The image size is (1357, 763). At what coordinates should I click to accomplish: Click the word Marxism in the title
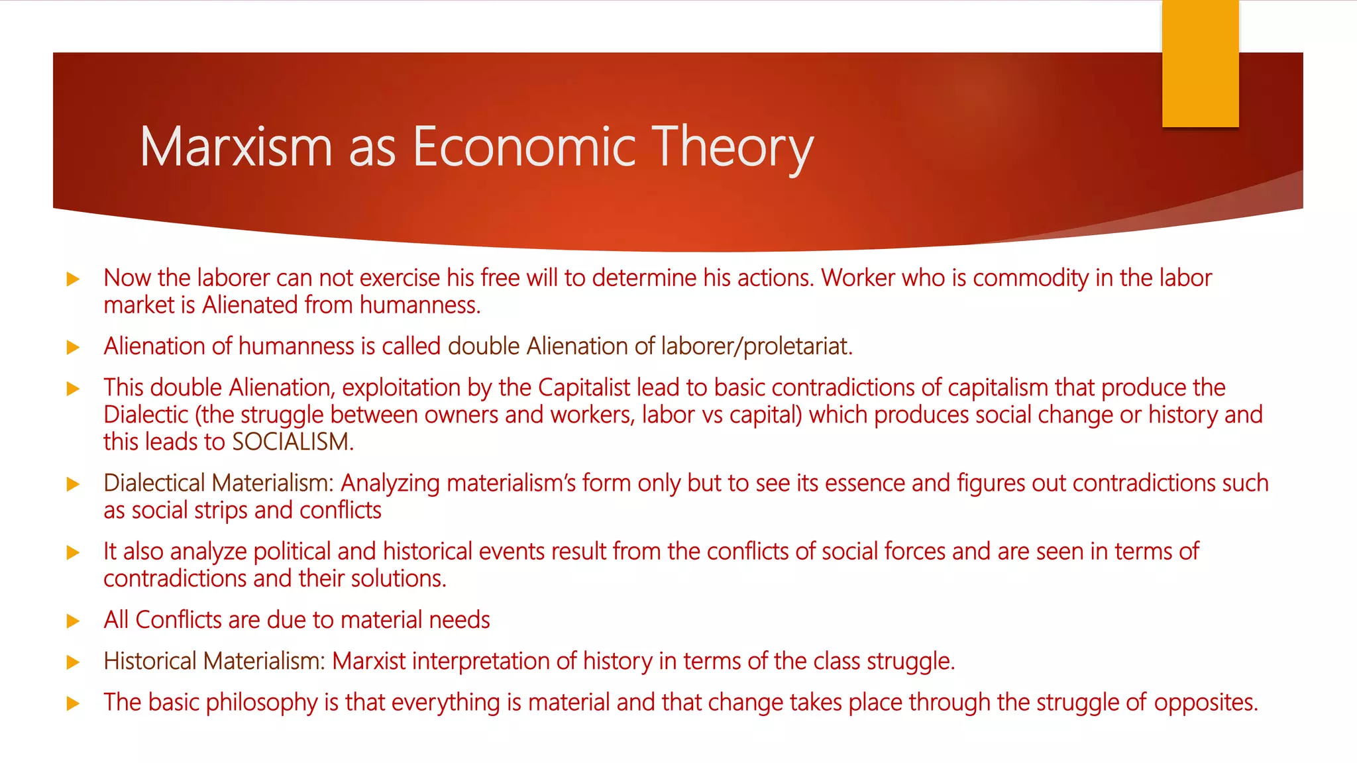236,147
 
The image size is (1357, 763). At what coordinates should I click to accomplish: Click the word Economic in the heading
524,147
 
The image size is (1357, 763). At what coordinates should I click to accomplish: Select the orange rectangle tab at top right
1200,64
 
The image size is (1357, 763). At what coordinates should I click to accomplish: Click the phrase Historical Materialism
214,661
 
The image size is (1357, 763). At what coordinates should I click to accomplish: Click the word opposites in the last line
1205,702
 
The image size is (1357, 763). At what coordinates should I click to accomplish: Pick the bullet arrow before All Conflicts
74,621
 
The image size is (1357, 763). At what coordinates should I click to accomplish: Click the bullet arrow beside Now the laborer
74,279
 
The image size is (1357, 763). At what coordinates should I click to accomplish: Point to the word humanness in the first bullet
419,305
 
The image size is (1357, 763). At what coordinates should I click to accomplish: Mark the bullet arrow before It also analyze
74,552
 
